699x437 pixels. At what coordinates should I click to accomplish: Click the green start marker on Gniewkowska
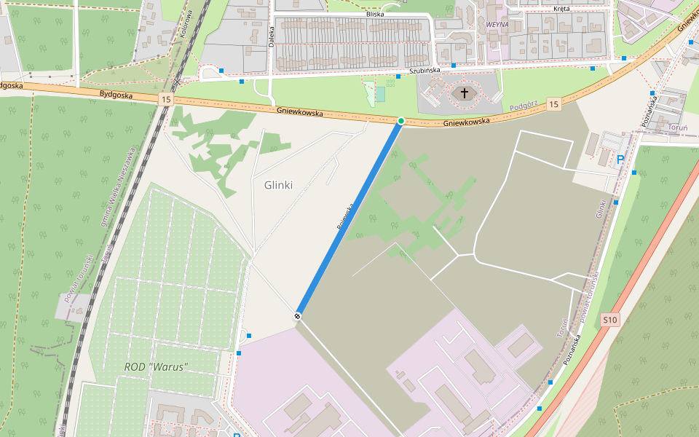point(401,120)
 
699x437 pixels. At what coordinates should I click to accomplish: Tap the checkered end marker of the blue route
point(298,315)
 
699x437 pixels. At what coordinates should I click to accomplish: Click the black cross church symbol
point(464,93)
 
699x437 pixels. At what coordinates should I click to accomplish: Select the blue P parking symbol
point(620,159)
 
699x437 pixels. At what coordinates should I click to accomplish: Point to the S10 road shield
point(610,320)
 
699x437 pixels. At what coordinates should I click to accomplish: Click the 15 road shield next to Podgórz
point(554,105)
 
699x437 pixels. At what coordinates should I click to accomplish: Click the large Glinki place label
point(278,185)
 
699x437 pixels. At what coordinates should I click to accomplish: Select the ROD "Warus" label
point(157,366)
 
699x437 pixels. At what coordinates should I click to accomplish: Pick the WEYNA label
point(497,24)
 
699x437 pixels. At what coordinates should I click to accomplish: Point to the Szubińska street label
point(424,71)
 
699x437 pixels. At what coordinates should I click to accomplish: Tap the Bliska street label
point(375,15)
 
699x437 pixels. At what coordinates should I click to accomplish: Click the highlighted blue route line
point(349,218)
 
